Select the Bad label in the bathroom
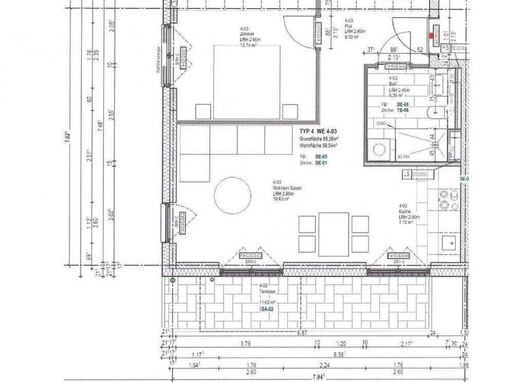coord(393,84)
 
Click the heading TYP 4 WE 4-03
coord(318,130)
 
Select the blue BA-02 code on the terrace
coord(267,309)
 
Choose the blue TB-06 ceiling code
coord(403,110)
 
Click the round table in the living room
coord(233,196)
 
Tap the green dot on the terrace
coord(173,280)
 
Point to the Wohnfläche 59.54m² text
coord(319,145)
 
